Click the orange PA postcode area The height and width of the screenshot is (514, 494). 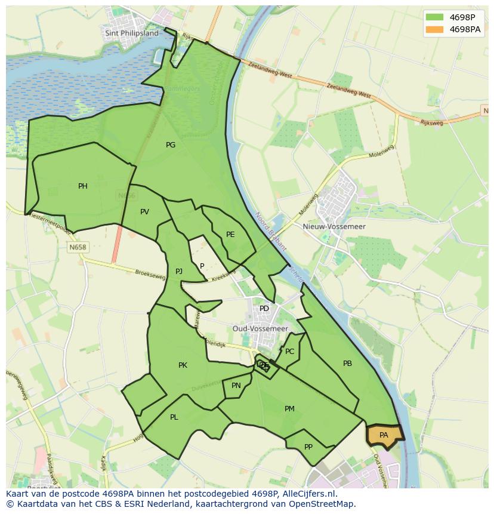(x=384, y=435)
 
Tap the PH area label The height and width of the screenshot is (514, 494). (x=83, y=186)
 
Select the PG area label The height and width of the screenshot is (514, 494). (x=171, y=144)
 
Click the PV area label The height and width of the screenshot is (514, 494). (x=144, y=212)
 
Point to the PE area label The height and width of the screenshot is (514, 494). (x=230, y=235)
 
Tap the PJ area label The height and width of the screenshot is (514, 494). (x=179, y=272)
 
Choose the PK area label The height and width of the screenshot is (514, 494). (x=183, y=365)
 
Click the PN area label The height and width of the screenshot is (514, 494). (x=236, y=386)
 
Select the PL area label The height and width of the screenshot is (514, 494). (x=174, y=417)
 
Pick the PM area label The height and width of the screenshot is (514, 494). (x=289, y=409)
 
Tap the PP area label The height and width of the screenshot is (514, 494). (x=308, y=447)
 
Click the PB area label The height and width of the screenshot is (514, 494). (x=347, y=364)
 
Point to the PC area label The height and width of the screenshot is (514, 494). (x=290, y=352)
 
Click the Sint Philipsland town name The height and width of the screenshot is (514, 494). (x=132, y=33)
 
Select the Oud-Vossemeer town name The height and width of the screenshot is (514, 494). (x=260, y=329)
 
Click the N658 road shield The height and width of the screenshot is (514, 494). (x=78, y=247)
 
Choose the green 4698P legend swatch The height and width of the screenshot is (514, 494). (x=435, y=17)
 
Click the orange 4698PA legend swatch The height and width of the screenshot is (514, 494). (x=435, y=29)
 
